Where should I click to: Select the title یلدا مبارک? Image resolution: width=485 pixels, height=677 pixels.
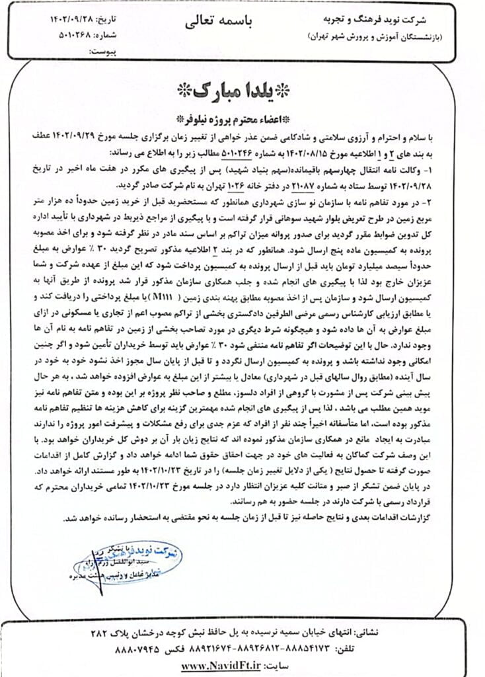click(x=242, y=90)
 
